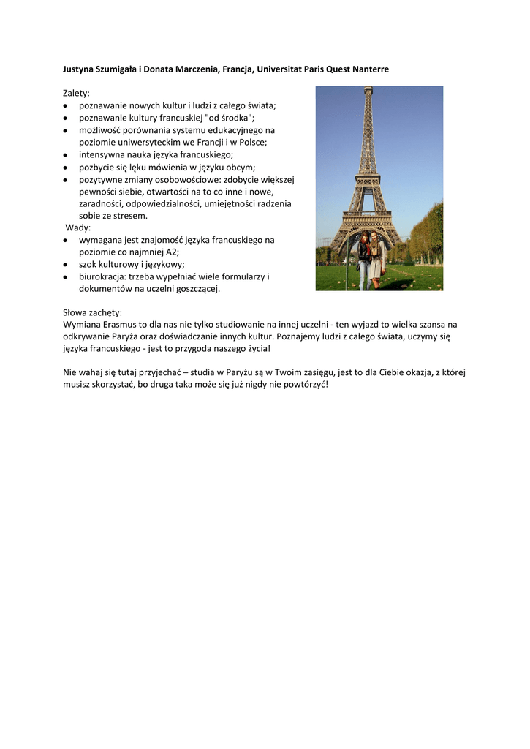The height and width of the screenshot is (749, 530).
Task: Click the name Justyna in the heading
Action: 79,69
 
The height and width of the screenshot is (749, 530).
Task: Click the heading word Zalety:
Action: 76,93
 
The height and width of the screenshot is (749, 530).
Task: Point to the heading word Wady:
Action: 78,227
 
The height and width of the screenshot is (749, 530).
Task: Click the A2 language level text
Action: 173,252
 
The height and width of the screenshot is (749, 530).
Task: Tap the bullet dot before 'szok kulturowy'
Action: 67,264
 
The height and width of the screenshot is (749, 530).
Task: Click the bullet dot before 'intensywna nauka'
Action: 67,155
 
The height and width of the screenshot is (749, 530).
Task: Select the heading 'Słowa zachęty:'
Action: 93,312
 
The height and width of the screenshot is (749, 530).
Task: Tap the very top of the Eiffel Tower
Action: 368,89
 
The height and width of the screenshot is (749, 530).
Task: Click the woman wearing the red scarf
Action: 363,260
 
